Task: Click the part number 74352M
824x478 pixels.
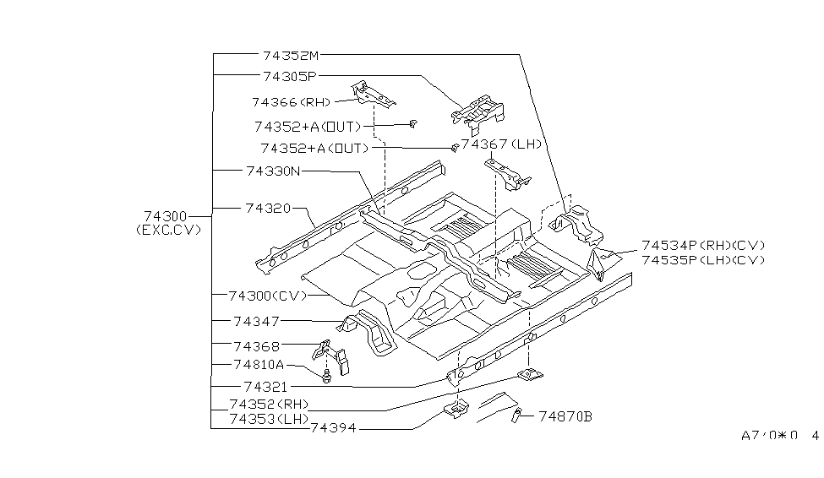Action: pos(291,55)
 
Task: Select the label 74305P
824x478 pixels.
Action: pos(288,76)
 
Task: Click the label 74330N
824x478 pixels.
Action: pos(273,171)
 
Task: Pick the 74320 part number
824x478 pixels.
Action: pos(269,207)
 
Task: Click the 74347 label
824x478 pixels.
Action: pos(257,321)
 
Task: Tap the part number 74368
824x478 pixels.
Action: pos(257,345)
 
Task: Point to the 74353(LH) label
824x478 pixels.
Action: pos(269,418)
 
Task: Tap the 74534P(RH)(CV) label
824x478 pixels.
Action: pos(703,245)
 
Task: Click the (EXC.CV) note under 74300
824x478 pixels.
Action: pos(169,231)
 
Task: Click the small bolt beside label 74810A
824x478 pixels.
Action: pos(327,374)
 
